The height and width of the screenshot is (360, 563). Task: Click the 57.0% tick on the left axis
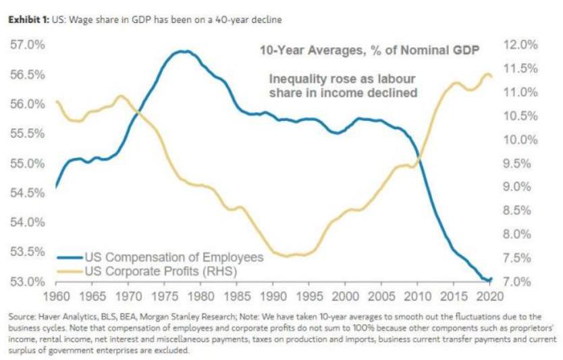pos(26,45)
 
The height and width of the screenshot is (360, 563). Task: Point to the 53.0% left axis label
pos(26,281)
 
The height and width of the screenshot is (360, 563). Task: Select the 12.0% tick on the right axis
pos(520,45)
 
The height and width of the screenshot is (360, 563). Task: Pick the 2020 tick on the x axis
pos(492,296)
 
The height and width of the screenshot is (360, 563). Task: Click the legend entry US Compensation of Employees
pos(173,257)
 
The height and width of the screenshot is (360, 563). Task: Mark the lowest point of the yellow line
pos(287,256)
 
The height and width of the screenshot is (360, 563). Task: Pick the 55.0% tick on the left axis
pos(26,163)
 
